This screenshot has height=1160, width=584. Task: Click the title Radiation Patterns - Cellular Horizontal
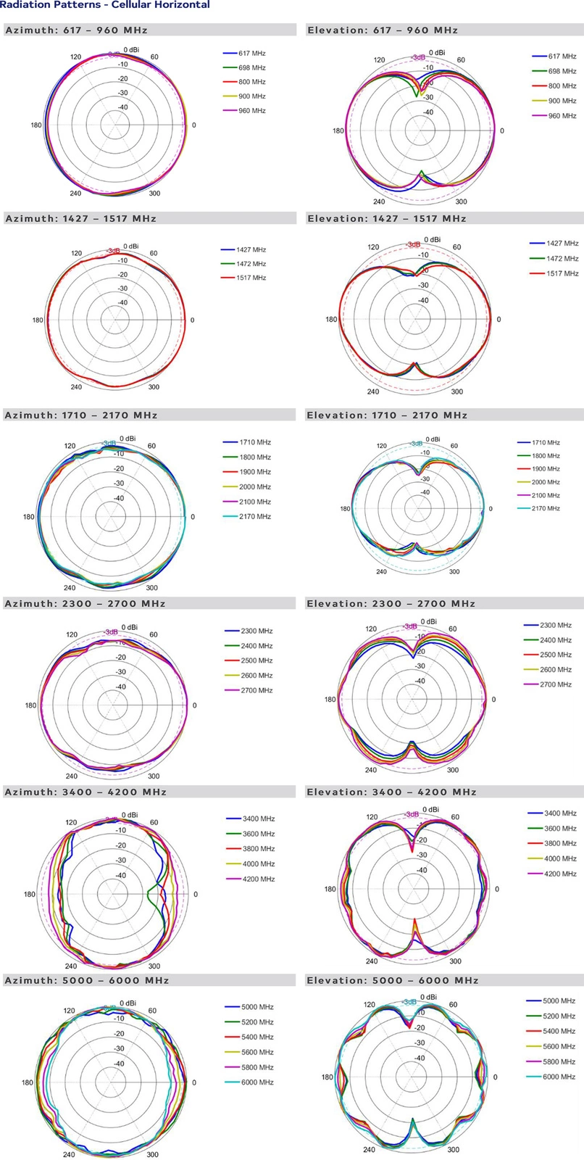coord(106,5)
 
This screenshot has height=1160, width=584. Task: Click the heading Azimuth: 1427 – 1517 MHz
coord(80,218)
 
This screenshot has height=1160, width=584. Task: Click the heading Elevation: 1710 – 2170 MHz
coord(387,415)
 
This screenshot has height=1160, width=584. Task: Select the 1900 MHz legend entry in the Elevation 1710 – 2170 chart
coord(546,469)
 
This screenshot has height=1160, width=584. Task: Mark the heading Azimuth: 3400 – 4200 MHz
coord(85,792)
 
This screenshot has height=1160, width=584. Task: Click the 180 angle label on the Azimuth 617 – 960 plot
coord(36,125)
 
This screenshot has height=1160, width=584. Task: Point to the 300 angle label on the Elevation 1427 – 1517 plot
coord(456,391)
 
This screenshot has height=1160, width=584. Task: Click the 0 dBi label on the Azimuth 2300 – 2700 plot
coord(130,627)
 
